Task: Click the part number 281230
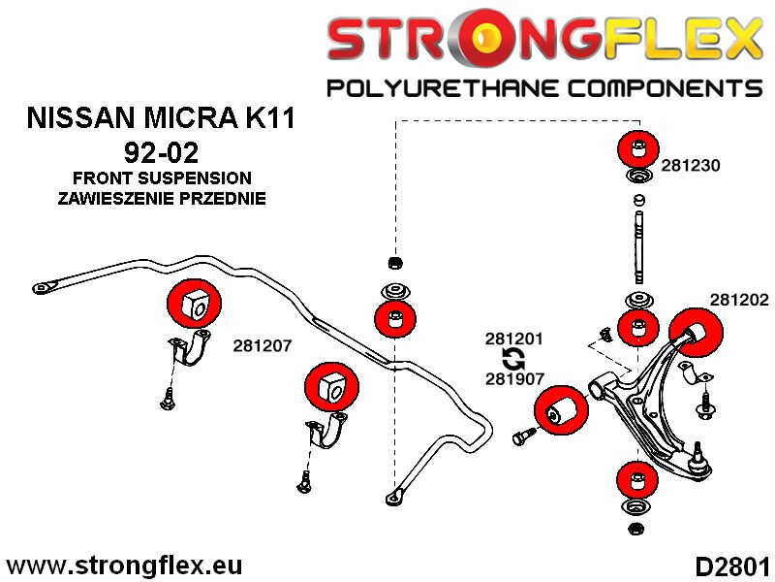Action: point(690,165)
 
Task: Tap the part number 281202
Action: point(739,300)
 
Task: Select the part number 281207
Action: point(263,346)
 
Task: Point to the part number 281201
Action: point(514,339)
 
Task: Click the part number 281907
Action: point(514,378)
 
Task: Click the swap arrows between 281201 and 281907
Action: point(513,359)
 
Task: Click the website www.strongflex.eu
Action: point(124,566)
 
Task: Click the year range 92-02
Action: point(161,152)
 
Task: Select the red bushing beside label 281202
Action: point(696,332)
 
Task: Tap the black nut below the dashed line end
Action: point(394,262)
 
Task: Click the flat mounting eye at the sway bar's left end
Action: point(44,287)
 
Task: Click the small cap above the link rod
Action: point(638,200)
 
